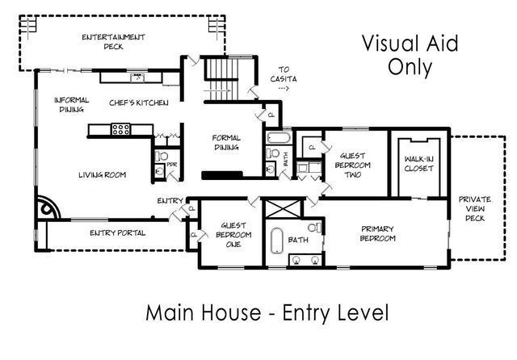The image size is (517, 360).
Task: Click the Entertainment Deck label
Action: tap(113, 42)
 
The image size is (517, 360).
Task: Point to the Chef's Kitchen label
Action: tap(139, 103)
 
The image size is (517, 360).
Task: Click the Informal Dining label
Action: tap(71, 105)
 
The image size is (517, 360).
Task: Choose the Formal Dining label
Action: tap(226, 142)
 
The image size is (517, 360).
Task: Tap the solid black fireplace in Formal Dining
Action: tap(221, 174)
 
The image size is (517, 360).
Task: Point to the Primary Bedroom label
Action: tap(377, 233)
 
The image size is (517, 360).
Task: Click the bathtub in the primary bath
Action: tap(275, 240)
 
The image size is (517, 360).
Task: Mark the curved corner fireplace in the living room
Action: tap(48, 207)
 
